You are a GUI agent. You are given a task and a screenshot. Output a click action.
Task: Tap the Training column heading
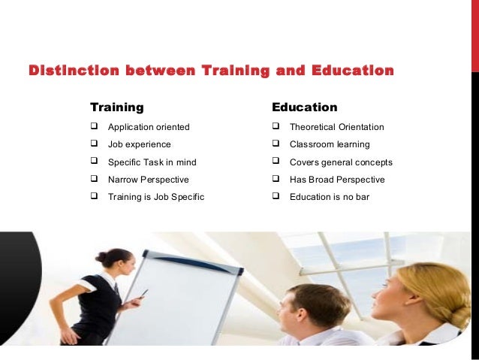(x=116, y=107)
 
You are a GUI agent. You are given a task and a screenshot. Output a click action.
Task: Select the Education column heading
(x=304, y=107)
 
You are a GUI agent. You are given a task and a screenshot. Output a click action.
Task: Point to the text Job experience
(x=139, y=144)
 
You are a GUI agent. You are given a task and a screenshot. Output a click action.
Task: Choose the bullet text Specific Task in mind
(x=152, y=162)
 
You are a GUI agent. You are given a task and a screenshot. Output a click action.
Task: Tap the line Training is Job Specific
(x=155, y=198)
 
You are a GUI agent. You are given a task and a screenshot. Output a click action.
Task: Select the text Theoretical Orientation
(x=336, y=127)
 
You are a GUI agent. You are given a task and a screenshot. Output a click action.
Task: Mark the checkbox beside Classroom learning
(x=276, y=144)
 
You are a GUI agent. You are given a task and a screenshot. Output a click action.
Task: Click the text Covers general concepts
(x=341, y=162)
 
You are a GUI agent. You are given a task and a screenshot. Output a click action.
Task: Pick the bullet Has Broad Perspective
(x=336, y=180)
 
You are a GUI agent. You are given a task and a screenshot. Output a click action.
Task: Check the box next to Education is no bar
(x=276, y=198)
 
